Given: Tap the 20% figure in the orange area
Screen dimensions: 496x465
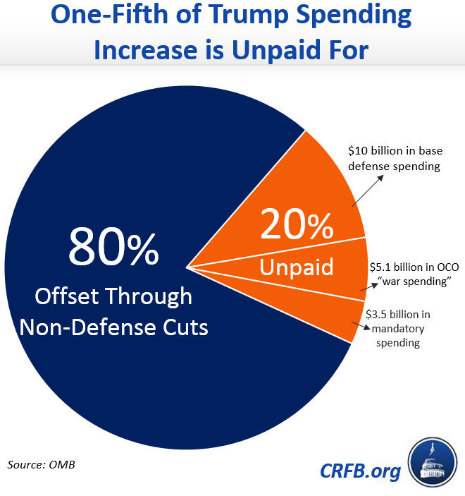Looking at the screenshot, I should coord(296,227).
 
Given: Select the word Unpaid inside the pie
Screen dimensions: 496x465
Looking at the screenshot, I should coord(296,267).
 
